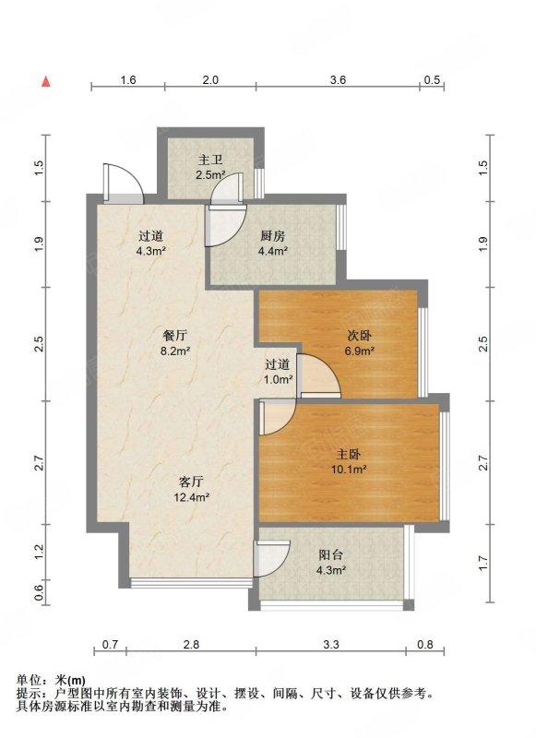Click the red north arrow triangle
[46, 81]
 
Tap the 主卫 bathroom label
[210, 161]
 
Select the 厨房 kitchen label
[272, 236]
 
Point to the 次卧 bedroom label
[360, 336]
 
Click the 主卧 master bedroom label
[348, 454]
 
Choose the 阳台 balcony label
[331, 555]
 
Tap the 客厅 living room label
[191, 482]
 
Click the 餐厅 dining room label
[175, 336]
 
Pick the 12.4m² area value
[191, 496]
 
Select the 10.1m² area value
[348, 470]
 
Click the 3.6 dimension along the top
[338, 80]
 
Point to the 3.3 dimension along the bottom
[331, 644]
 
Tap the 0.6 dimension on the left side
[39, 593]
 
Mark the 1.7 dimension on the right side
[483, 563]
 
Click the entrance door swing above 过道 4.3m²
[124, 184]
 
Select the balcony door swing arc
[272, 558]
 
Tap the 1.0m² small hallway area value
[278, 379]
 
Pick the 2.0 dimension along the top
[210, 80]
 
